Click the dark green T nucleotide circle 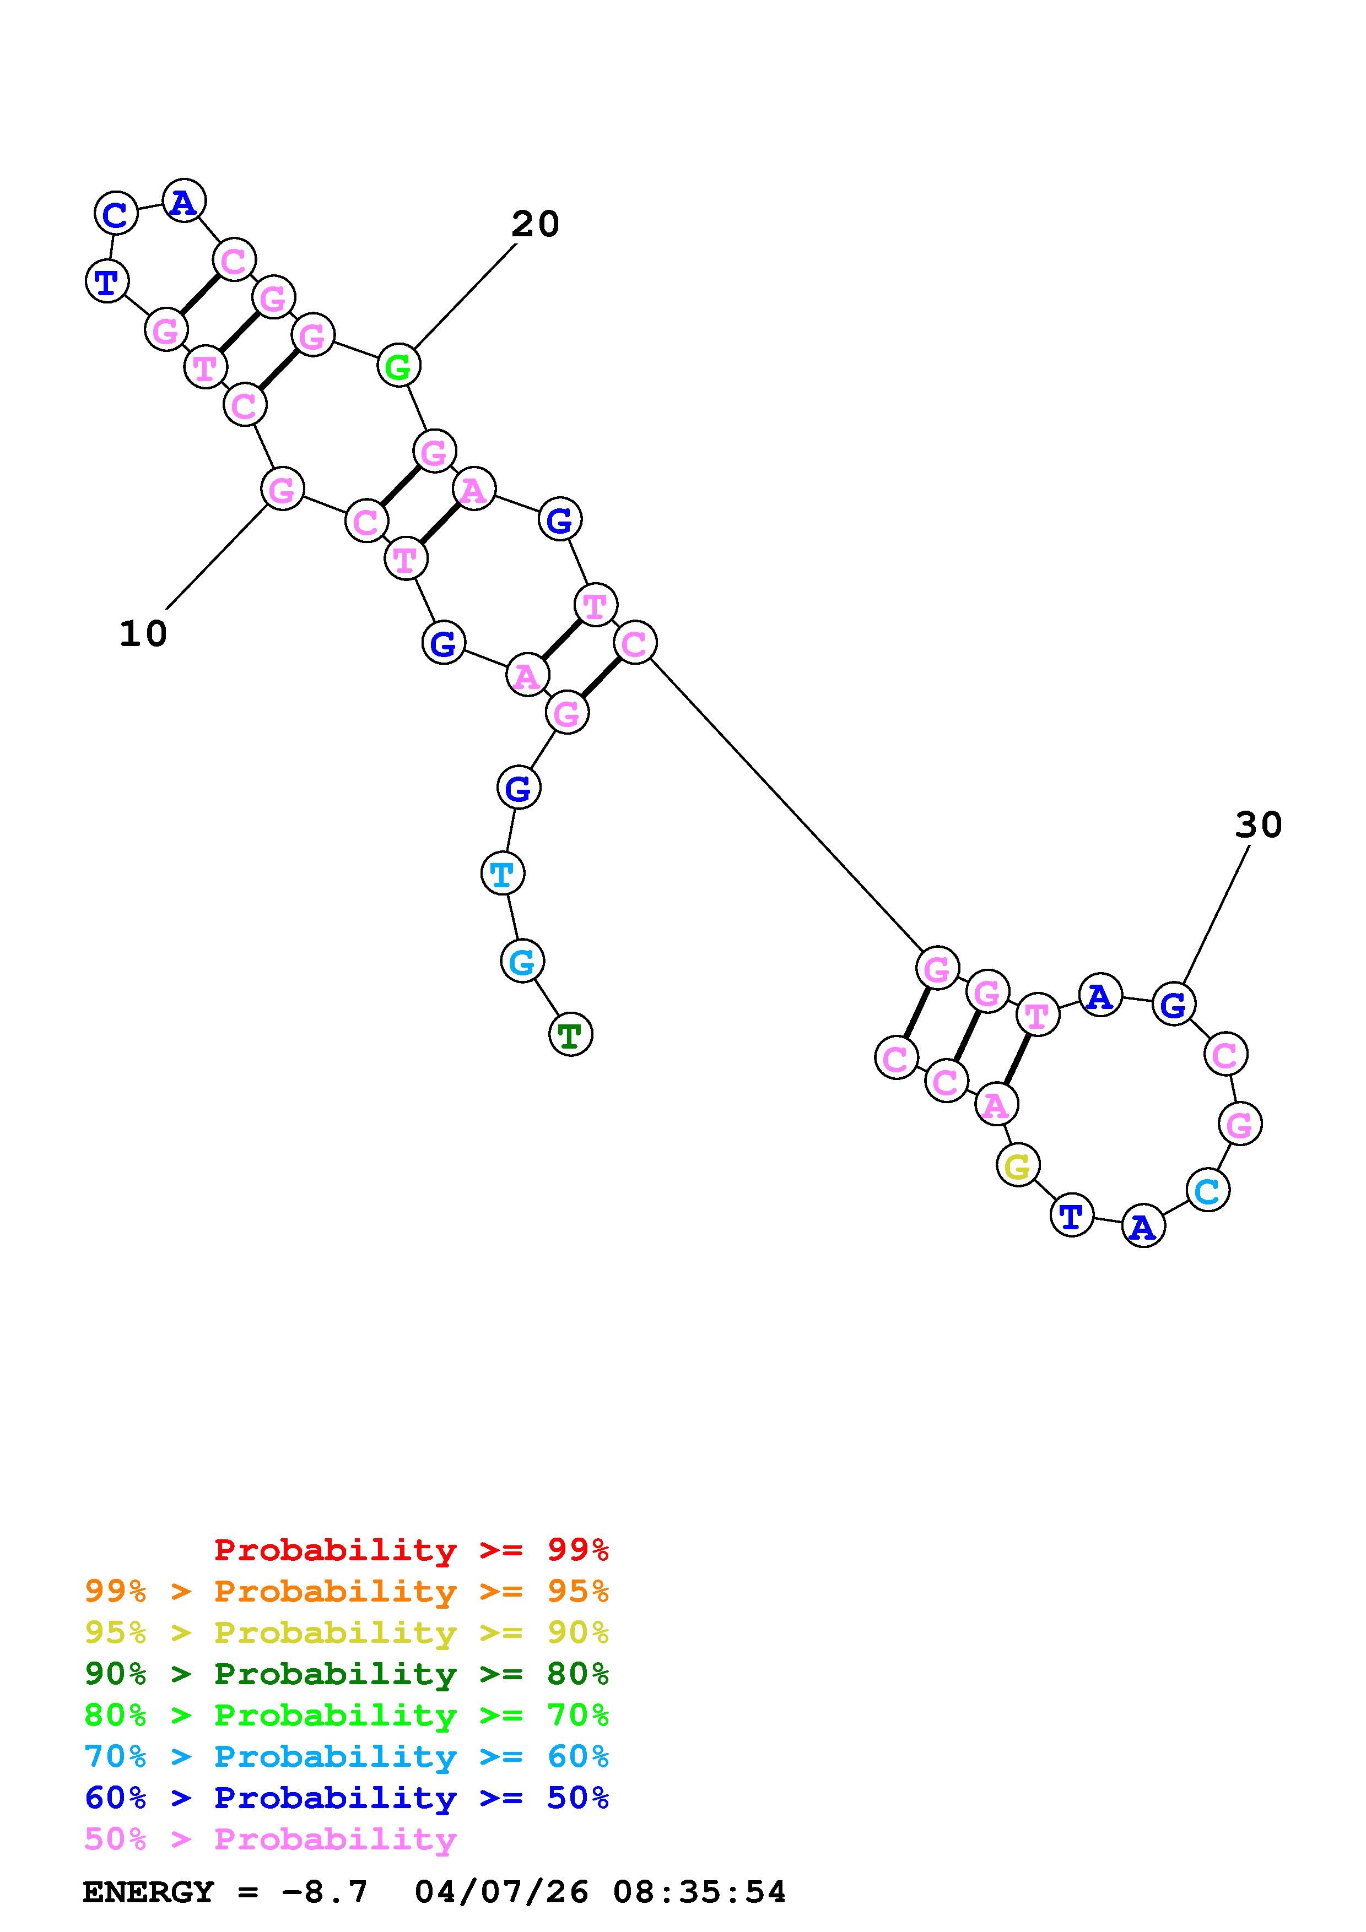571,1034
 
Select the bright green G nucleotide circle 398,366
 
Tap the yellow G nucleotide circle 1018,1166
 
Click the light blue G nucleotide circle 522,961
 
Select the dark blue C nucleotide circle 115,214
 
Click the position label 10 143,634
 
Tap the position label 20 535,225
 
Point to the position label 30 1258,826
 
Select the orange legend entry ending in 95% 347,1591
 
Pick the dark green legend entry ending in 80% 347,1674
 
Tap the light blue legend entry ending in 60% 347,1756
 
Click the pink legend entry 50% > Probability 270,1838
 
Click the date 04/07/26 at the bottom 501,1892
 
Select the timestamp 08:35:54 699,1892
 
